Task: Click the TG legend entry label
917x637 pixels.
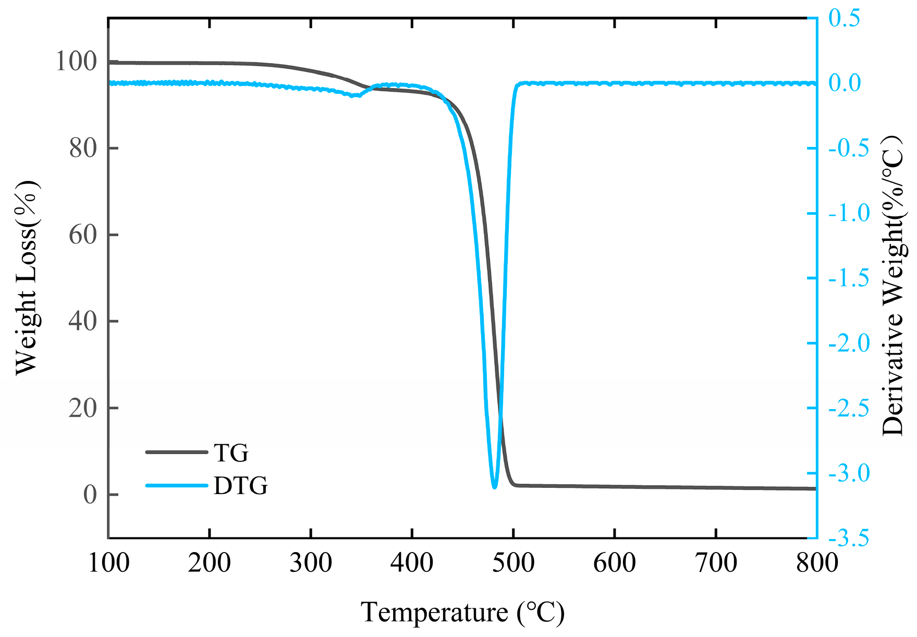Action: (x=231, y=453)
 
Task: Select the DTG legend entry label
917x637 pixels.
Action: (x=240, y=486)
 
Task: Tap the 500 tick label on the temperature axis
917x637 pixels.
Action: (x=513, y=563)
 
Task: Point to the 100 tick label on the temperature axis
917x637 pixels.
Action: (x=108, y=563)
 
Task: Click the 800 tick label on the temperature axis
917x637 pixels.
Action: (x=816, y=563)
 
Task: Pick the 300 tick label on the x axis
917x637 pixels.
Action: (x=311, y=563)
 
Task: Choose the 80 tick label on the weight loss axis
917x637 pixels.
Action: (x=83, y=149)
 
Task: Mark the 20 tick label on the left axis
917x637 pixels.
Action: (x=83, y=408)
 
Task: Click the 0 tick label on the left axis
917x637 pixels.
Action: (x=90, y=495)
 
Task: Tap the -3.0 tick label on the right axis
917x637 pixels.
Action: (x=849, y=473)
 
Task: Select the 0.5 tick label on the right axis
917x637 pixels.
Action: (x=845, y=18)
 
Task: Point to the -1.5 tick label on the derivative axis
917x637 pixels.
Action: (x=849, y=278)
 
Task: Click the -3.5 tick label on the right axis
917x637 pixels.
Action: (x=849, y=537)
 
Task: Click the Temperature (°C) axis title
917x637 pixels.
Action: (x=462, y=612)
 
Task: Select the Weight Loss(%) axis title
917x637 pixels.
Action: (x=26, y=278)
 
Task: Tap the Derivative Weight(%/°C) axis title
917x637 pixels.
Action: (x=892, y=286)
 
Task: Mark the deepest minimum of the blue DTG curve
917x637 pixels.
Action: (x=494, y=487)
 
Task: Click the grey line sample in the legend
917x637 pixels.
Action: (x=176, y=452)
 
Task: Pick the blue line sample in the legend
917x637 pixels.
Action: (x=176, y=486)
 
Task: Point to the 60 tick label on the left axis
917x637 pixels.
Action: (x=83, y=235)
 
